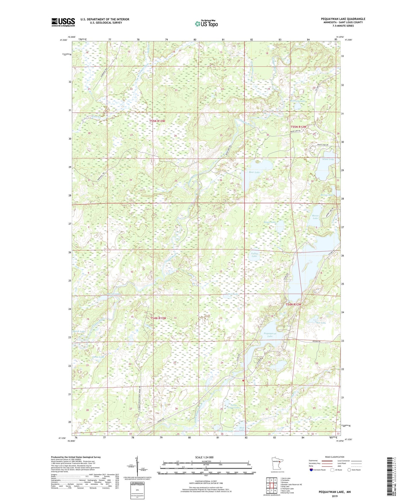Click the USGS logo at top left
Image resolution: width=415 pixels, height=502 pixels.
pyautogui.click(x=63, y=22)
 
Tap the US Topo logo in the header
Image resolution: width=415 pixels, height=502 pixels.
pyautogui.click(x=206, y=24)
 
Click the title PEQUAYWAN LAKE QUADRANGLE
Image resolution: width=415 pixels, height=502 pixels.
pyautogui.click(x=343, y=19)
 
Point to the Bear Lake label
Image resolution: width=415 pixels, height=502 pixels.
pyautogui.click(x=254, y=172)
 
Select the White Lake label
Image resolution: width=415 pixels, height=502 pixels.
pyautogui.click(x=328, y=159)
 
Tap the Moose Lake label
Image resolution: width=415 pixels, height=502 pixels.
pyautogui.click(x=315, y=217)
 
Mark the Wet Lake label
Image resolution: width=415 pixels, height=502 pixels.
pyautogui.click(x=321, y=323)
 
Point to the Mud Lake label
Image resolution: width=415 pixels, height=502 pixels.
pyautogui.click(x=242, y=429)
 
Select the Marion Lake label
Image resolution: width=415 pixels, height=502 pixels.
pyautogui.click(x=113, y=294)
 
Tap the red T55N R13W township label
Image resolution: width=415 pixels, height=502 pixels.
pyautogui.click(x=157, y=121)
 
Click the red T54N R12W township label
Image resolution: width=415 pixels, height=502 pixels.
pyautogui.click(x=293, y=304)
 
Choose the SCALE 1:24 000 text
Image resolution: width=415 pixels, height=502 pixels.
pyautogui.click(x=204, y=457)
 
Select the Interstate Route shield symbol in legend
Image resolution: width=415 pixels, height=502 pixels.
pyautogui.click(x=311, y=470)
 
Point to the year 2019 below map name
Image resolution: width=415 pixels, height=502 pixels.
pyautogui.click(x=335, y=496)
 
